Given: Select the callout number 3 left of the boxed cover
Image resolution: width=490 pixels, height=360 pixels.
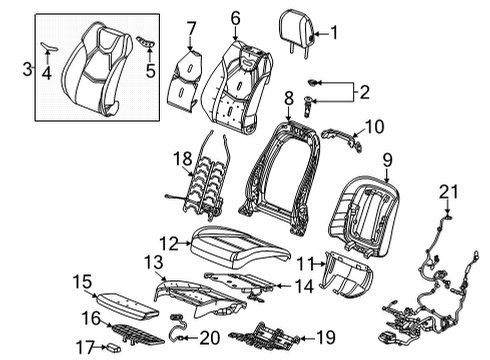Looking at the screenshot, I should (26, 68).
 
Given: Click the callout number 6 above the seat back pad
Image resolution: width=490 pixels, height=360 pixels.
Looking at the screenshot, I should (235, 17).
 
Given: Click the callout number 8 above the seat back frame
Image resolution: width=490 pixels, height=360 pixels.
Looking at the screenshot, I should (287, 98).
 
